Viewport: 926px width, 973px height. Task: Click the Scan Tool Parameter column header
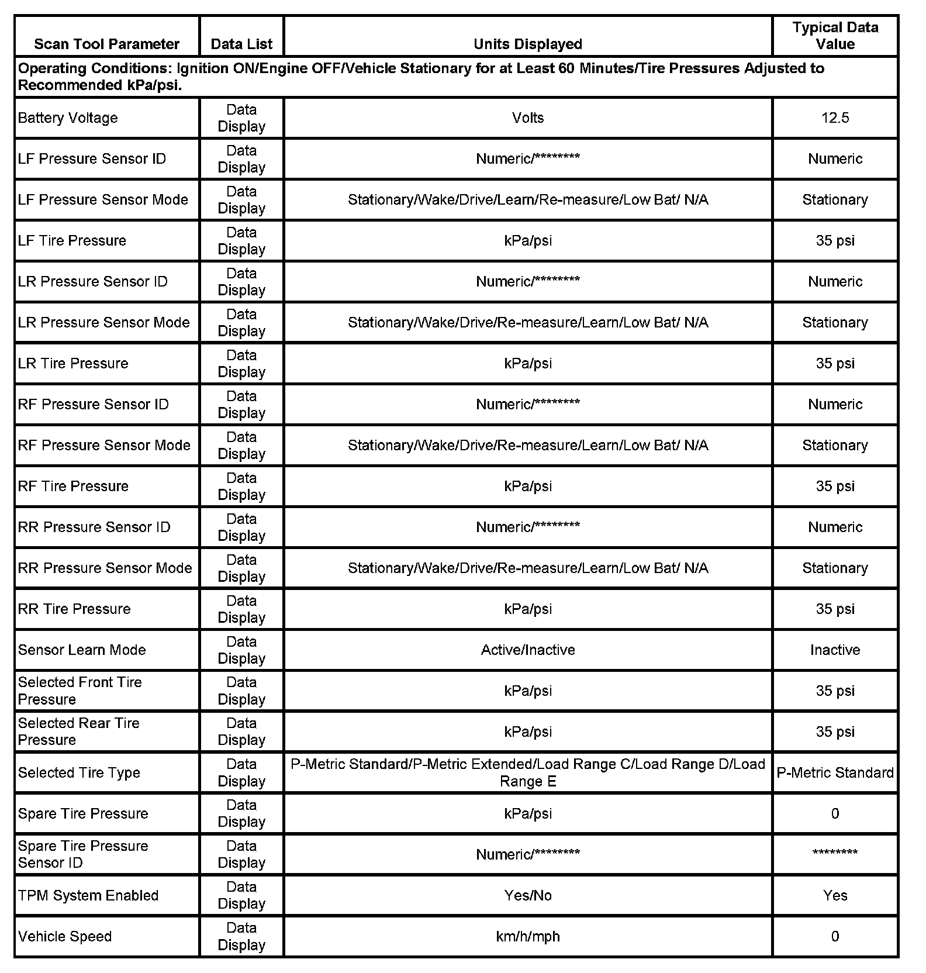[x=106, y=44]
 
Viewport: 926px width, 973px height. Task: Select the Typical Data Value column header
[x=835, y=36]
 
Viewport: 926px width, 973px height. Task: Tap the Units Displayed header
[x=527, y=44]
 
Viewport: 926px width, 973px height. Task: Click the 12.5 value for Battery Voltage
[x=835, y=118]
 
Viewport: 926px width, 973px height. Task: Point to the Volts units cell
[x=527, y=118]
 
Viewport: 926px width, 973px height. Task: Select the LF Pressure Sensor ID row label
[x=92, y=158]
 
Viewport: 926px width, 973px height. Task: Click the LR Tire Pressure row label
[x=73, y=363]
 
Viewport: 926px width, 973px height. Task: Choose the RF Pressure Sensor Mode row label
[x=104, y=445]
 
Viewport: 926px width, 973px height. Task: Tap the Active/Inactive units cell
[x=527, y=650]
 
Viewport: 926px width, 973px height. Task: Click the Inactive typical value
[x=835, y=650]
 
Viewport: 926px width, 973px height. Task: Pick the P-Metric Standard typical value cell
[x=835, y=772]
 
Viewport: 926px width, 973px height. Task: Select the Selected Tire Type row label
[x=79, y=772]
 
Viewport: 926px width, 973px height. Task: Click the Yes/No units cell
[x=527, y=895]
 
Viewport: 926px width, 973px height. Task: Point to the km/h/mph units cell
[x=527, y=936]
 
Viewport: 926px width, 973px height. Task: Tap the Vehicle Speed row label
[x=65, y=936]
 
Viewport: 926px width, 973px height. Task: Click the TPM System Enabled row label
[x=88, y=895]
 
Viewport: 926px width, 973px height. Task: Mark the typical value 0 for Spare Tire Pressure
[x=835, y=813]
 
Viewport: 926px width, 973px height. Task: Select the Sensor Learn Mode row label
[x=82, y=650]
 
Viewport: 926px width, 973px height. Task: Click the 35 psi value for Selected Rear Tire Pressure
[x=835, y=732]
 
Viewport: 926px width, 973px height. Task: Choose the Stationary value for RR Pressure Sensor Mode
[x=835, y=568]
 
